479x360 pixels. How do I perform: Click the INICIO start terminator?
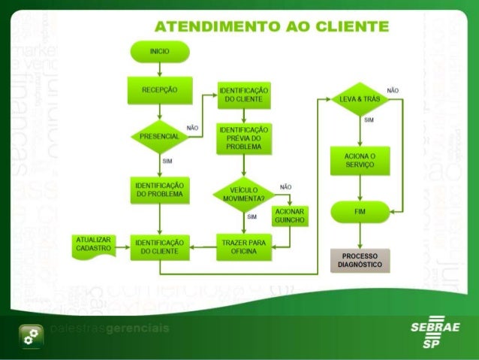pyautogui.click(x=158, y=51)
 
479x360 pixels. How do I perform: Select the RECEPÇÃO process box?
pyautogui.click(x=159, y=89)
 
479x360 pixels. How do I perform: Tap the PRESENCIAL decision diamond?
pyautogui.click(x=159, y=138)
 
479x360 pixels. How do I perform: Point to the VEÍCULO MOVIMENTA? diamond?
pyautogui.click(x=244, y=193)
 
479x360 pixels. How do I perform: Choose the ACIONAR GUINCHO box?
pyautogui.click(x=289, y=216)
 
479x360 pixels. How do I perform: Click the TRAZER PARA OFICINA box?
pyautogui.click(x=244, y=246)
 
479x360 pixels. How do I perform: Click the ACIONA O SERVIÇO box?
pyautogui.click(x=361, y=160)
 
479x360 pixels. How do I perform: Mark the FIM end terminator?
pyautogui.click(x=361, y=213)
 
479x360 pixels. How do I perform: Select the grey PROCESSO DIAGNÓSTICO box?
pyautogui.click(x=361, y=260)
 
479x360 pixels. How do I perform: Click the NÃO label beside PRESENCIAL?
pyautogui.click(x=192, y=128)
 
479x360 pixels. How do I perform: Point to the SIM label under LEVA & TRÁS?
pyautogui.click(x=369, y=119)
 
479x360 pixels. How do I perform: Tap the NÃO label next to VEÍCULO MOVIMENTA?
pyautogui.click(x=285, y=186)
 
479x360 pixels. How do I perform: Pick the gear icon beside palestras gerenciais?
pyautogui.click(x=31, y=337)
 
